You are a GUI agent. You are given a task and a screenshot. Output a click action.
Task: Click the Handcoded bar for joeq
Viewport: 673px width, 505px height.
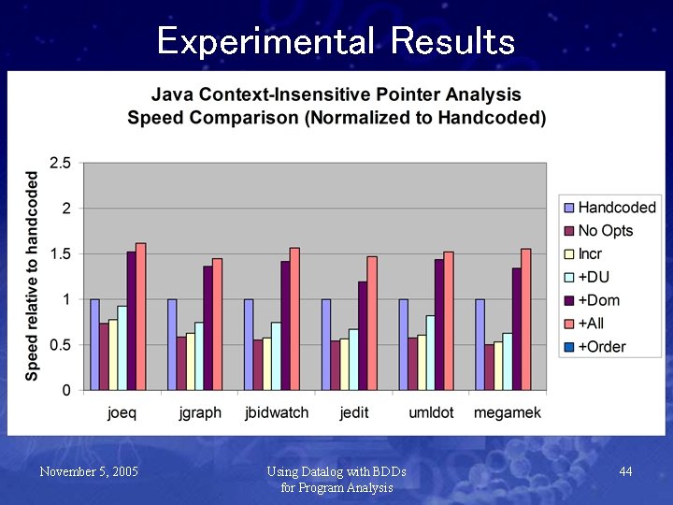pyautogui.click(x=94, y=344)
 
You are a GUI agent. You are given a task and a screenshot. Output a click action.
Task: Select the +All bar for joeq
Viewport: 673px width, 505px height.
pyautogui.click(x=141, y=317)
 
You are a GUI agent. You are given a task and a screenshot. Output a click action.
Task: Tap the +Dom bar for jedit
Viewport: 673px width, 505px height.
pyautogui.click(x=363, y=336)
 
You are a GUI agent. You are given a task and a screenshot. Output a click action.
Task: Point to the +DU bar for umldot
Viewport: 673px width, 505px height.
pyautogui.click(x=430, y=353)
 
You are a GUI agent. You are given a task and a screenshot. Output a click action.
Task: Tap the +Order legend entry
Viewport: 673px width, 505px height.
pyautogui.click(x=601, y=347)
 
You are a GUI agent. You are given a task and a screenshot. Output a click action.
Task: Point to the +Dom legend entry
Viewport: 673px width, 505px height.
pyautogui.click(x=598, y=300)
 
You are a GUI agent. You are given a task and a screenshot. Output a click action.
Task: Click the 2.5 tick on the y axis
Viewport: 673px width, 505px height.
pyautogui.click(x=60, y=163)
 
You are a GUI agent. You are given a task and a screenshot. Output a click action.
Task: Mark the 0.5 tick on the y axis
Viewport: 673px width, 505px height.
pyautogui.click(x=60, y=345)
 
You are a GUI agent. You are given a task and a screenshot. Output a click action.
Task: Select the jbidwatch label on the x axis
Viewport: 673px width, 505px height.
pyautogui.click(x=277, y=412)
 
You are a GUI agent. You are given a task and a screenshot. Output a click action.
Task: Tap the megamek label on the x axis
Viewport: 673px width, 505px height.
pyautogui.click(x=508, y=412)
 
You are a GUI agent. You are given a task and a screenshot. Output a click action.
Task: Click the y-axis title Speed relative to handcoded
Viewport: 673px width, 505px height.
pyautogui.click(x=33, y=275)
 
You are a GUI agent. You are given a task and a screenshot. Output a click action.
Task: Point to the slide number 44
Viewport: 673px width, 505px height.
pyautogui.click(x=625, y=472)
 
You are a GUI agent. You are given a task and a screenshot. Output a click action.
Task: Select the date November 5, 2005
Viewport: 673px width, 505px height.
pyautogui.click(x=89, y=472)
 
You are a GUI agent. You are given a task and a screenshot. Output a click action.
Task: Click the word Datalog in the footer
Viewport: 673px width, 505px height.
pyautogui.click(x=323, y=471)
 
